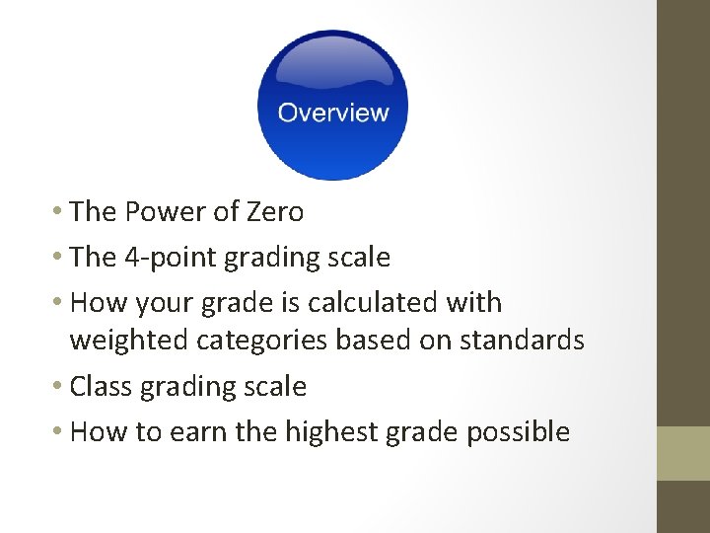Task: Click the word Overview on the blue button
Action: [333, 113]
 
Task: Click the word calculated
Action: [371, 302]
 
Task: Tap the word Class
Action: [103, 387]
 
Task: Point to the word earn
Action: [210, 432]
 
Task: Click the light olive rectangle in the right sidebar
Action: [683, 453]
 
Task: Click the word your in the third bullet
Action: [171, 303]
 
